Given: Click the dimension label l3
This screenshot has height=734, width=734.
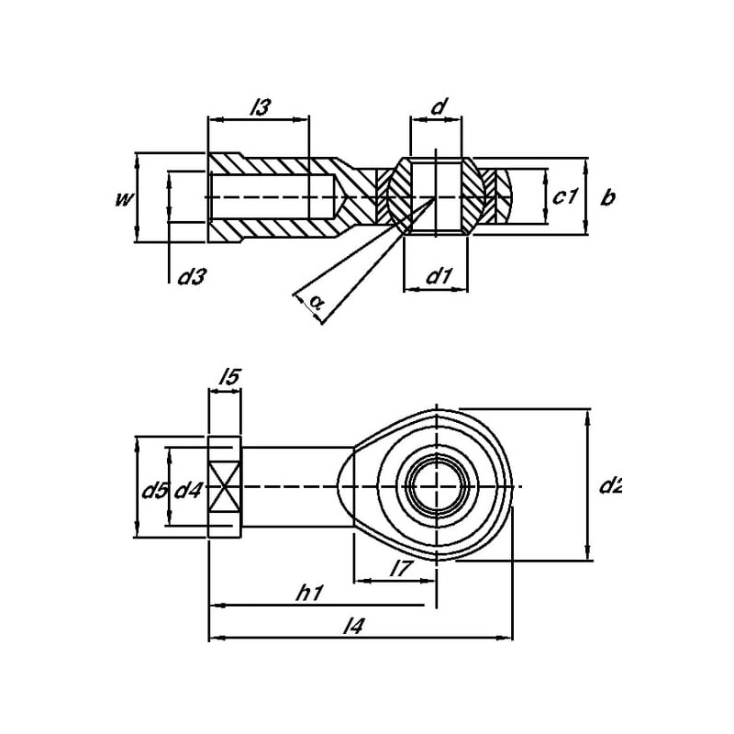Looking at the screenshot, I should point(260,107).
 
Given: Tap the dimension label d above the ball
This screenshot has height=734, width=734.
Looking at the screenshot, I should point(439,107).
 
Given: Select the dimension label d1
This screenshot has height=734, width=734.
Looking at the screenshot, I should point(438,274).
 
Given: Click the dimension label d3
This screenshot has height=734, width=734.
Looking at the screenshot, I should point(189,276).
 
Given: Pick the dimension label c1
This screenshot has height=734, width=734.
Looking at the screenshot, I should point(566,197).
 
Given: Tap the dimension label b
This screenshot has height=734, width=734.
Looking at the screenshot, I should point(606,197).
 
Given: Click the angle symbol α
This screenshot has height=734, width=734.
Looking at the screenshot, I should point(316,300).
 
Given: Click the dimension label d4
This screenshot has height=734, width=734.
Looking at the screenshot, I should point(187,490).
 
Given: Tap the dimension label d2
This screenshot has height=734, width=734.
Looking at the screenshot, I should point(610,485).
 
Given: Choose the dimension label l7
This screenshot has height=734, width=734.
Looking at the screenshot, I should point(399,569).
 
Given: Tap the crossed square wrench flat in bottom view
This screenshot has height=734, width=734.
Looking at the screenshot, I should point(225,486).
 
